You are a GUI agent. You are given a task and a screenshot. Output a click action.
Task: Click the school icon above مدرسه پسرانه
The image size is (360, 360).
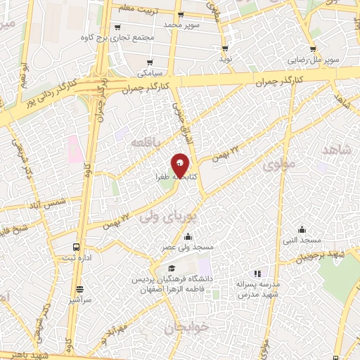257,274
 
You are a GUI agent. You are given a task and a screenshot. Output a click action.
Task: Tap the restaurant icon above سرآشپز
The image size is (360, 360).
79,289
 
